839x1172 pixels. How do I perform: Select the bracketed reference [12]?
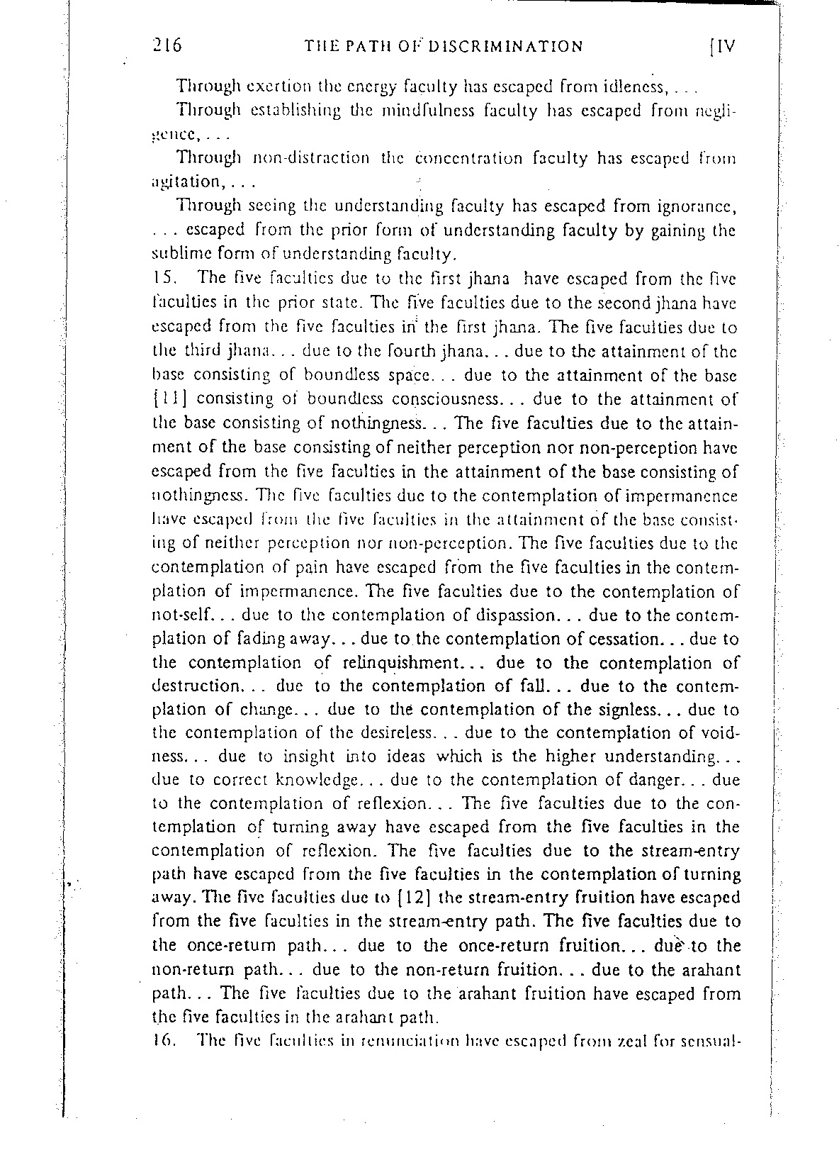411,897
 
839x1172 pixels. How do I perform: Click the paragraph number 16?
164,1042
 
